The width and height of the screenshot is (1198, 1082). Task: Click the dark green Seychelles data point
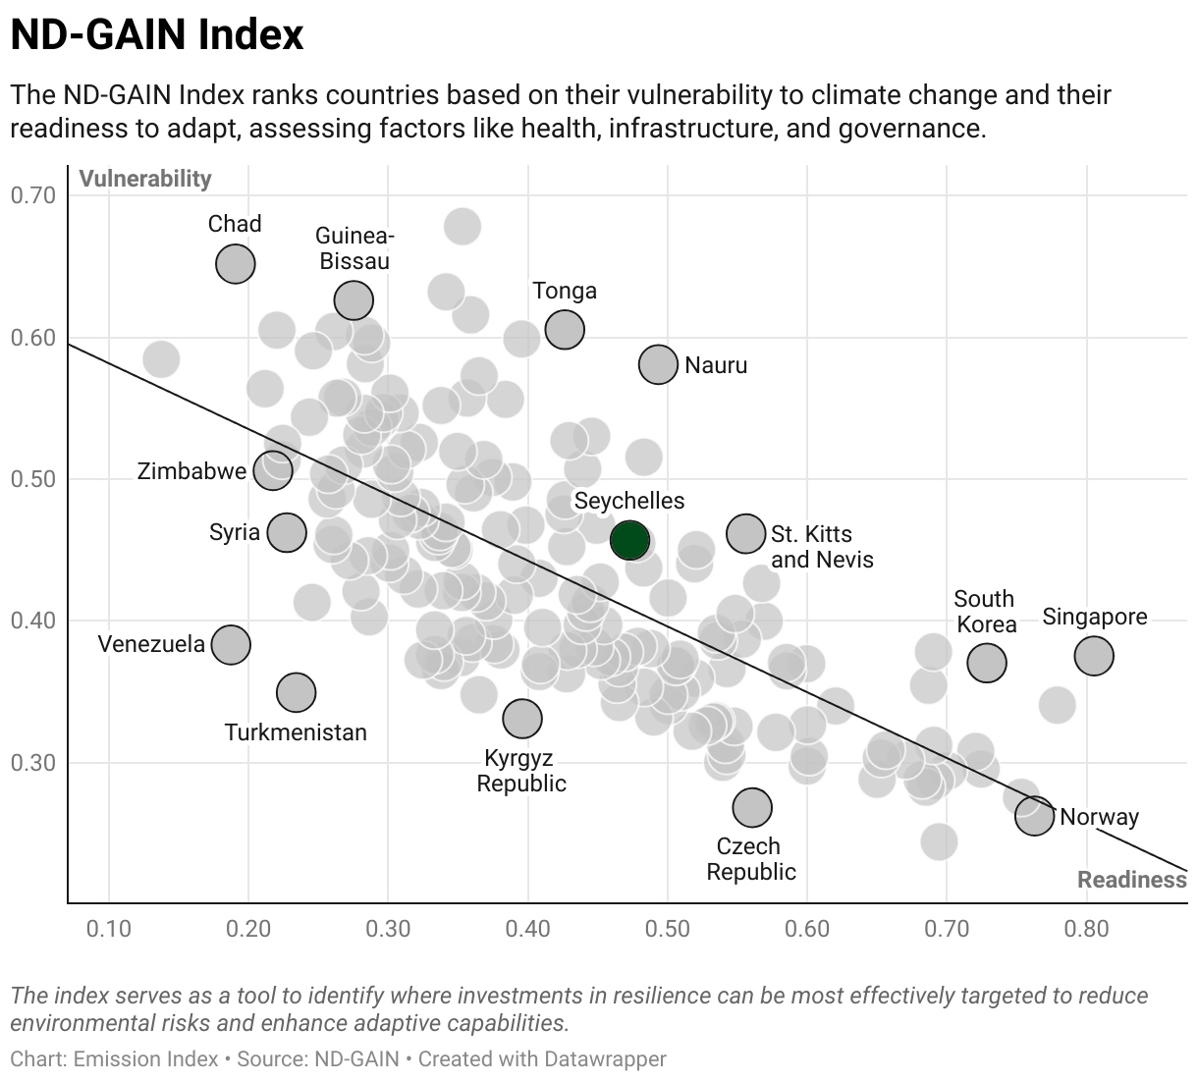pos(629,540)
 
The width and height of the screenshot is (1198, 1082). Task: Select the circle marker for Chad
pos(236,263)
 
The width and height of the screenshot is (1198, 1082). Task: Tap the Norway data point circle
pos(1034,816)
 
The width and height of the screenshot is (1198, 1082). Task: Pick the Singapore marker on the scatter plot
pos(1094,656)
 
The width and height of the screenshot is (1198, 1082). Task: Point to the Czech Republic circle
pos(752,807)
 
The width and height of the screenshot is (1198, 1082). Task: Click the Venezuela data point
pos(231,645)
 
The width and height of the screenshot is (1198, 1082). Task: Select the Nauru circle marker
pos(658,364)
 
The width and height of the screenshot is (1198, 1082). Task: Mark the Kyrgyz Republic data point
pos(522,719)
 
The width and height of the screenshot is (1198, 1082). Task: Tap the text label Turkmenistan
pos(296,732)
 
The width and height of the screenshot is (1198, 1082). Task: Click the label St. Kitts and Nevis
pos(822,547)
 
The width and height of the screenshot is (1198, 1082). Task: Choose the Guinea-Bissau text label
pos(354,248)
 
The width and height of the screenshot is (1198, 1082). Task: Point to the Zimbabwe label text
pos(191,471)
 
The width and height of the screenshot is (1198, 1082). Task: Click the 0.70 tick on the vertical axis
pos(32,195)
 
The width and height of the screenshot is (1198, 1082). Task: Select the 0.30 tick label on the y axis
pos(32,763)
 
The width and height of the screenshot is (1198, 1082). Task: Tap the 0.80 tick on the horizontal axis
pos(1087,929)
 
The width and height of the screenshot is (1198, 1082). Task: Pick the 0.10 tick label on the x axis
pos(109,929)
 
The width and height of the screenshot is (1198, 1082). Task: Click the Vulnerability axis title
pos(145,179)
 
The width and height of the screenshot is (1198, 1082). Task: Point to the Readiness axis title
pos(1131,880)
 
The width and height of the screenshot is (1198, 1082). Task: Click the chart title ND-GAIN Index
pos(157,34)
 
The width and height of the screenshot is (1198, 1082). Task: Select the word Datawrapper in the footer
pos(605,1058)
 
